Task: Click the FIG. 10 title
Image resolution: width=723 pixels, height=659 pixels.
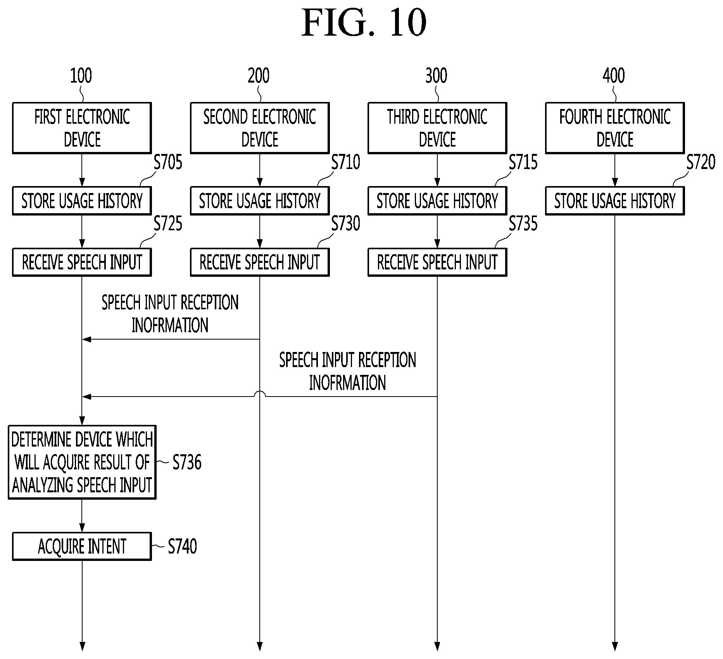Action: click(x=364, y=23)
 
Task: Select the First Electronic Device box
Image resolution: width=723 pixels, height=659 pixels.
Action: click(x=82, y=128)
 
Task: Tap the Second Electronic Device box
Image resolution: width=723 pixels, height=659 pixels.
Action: click(x=260, y=128)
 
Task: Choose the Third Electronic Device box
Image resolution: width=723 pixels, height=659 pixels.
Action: click(x=437, y=128)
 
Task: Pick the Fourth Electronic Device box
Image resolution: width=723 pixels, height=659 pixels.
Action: click(x=615, y=128)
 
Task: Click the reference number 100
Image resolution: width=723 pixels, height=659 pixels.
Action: click(x=81, y=76)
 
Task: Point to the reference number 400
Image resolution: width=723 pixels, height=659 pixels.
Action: click(x=614, y=76)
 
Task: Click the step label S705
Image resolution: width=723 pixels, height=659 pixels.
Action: click(x=168, y=162)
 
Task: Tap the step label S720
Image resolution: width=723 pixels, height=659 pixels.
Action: click(x=701, y=162)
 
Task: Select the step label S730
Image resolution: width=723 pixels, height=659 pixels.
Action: click(x=346, y=224)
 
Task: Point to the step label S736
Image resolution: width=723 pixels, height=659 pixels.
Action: click(x=187, y=462)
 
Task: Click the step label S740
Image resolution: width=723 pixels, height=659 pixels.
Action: click(x=182, y=546)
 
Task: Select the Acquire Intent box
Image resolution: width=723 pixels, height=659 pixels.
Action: click(x=82, y=546)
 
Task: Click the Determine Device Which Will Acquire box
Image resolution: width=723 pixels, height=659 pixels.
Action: click(x=82, y=462)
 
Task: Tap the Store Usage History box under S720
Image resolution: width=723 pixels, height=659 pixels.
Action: click(x=615, y=201)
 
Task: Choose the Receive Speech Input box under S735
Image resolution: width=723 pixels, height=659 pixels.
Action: click(x=437, y=262)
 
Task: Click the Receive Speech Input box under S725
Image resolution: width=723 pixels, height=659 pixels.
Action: click(x=82, y=262)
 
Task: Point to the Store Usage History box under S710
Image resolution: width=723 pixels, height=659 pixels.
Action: click(x=260, y=201)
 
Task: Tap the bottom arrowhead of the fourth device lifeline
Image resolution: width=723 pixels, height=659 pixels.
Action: click(x=614, y=647)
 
